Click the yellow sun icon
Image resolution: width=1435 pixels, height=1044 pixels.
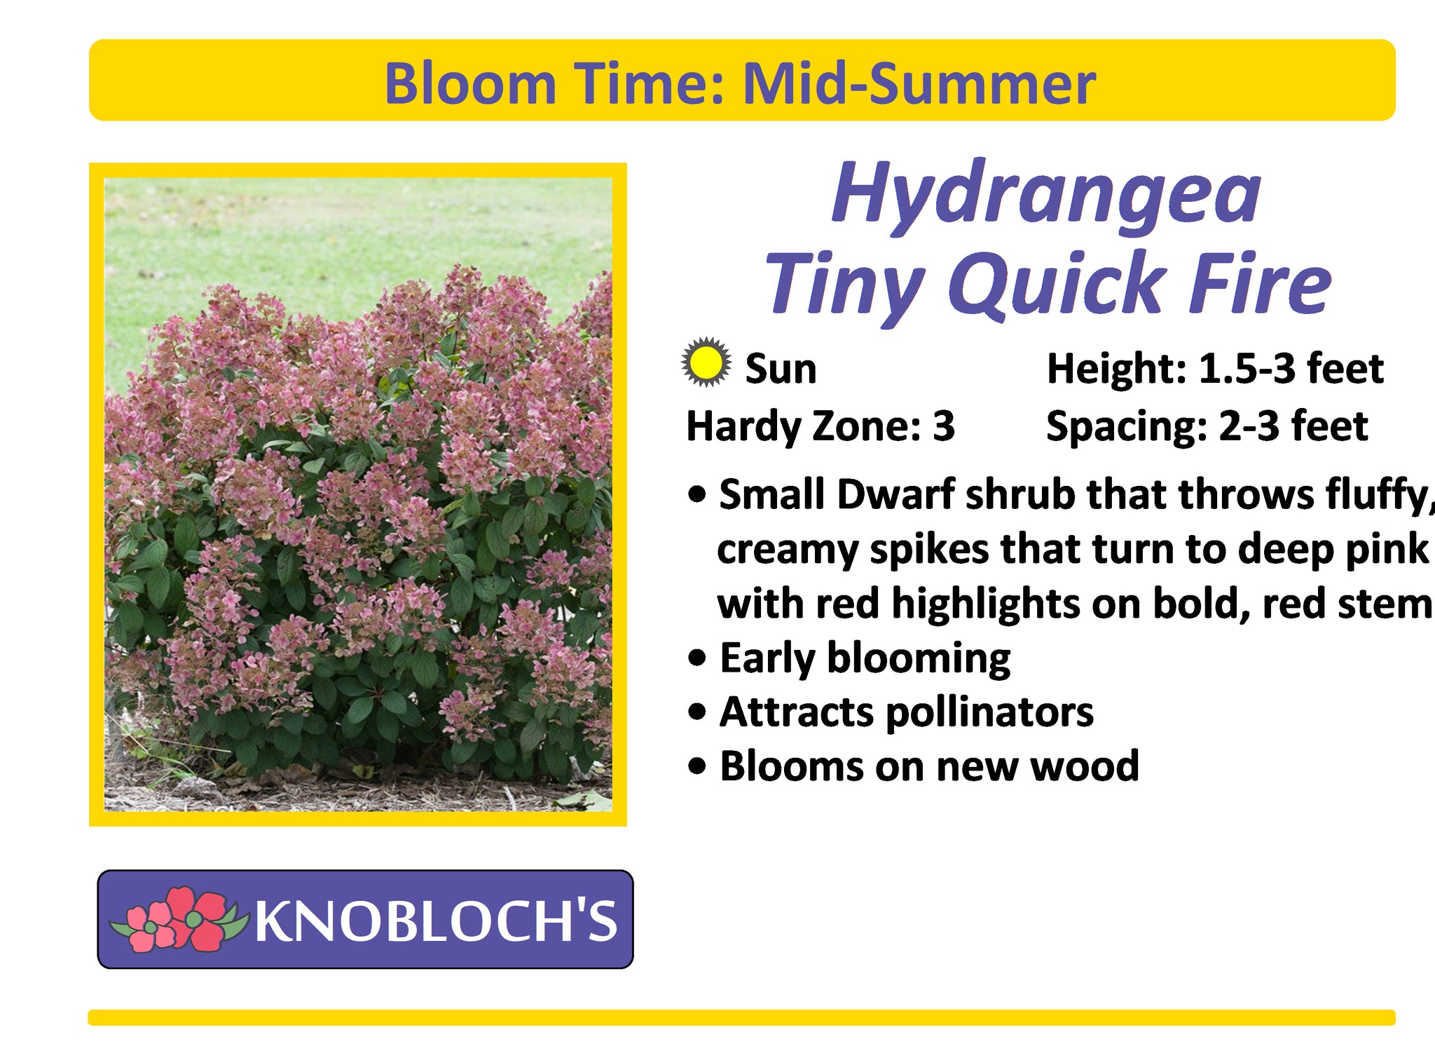click(x=706, y=362)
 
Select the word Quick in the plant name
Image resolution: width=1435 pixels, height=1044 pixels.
click(x=1057, y=284)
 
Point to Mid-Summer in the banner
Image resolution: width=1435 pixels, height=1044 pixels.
click(x=919, y=83)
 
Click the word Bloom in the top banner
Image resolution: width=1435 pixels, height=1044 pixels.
click(x=470, y=83)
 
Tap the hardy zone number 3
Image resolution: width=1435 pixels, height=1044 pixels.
click(x=943, y=426)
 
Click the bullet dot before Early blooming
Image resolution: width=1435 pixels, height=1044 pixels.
click(x=698, y=658)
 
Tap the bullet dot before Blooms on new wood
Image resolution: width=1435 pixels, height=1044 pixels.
click(x=698, y=766)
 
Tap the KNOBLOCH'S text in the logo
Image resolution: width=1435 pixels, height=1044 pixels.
click(x=436, y=921)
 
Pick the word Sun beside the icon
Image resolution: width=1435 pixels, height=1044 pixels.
click(x=781, y=369)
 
